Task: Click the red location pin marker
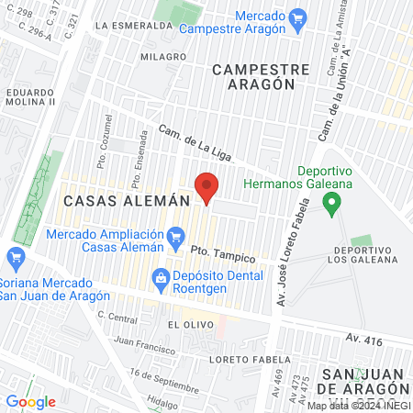(x=206, y=190)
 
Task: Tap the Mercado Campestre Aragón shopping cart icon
(x=296, y=17)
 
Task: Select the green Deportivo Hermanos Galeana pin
(x=333, y=202)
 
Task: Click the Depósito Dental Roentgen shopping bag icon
(x=161, y=276)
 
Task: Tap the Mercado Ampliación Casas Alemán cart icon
(x=174, y=241)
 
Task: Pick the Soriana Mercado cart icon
(x=14, y=257)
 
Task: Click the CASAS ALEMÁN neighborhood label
(x=126, y=199)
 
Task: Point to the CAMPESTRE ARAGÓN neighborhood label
(x=253, y=75)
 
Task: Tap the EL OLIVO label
(x=184, y=325)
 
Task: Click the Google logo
(x=30, y=401)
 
